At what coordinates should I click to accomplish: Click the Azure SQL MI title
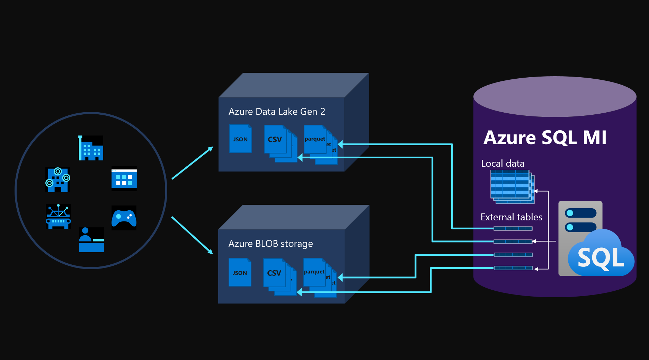(545, 138)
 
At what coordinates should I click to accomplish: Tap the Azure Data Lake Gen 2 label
(277, 112)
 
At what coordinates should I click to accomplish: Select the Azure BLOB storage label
(270, 244)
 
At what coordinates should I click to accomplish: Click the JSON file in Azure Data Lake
(240, 139)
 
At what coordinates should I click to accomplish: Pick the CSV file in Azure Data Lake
(275, 139)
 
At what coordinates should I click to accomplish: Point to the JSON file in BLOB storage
(240, 273)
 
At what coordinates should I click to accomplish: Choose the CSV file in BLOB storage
(275, 273)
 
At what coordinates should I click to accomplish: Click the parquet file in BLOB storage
(314, 272)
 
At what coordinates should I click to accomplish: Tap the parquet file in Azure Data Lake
(315, 139)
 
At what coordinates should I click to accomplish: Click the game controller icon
(124, 218)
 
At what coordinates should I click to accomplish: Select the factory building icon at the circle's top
(91, 148)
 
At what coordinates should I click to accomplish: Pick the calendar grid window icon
(124, 179)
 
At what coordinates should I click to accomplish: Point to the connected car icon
(58, 217)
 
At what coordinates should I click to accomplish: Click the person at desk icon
(91, 239)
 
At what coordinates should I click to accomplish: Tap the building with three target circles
(58, 180)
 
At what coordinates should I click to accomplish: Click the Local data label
(503, 164)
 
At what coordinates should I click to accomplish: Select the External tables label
(511, 217)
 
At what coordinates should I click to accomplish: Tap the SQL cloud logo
(601, 256)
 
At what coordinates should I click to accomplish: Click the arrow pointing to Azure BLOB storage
(192, 235)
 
